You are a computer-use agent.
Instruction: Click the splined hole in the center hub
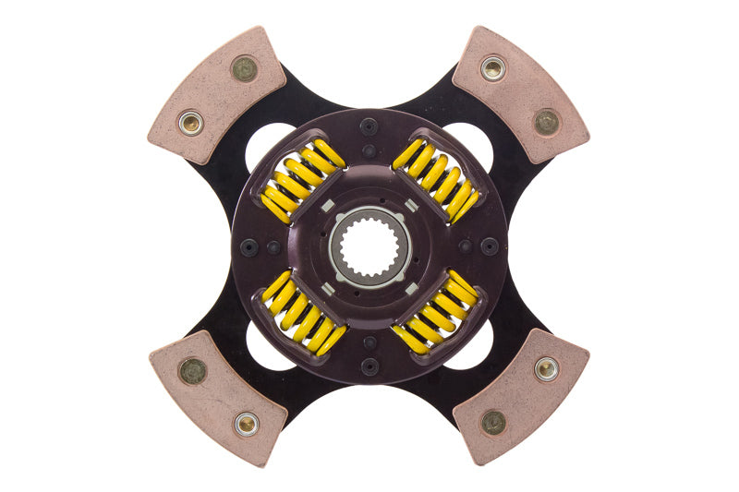click(x=369, y=246)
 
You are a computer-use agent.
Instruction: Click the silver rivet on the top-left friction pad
click(x=190, y=122)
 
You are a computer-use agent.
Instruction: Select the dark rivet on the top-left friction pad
click(x=244, y=68)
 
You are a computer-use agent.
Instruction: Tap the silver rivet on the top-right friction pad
click(x=493, y=67)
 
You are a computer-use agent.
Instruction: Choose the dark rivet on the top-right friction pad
click(x=547, y=121)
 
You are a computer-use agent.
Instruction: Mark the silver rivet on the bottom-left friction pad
click(x=246, y=424)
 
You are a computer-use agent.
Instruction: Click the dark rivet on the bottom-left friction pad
click(x=191, y=370)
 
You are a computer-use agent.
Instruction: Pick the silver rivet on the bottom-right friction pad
click(x=547, y=368)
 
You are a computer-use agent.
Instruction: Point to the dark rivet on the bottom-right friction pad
click(x=493, y=423)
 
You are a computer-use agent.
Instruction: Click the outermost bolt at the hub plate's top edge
click(x=369, y=126)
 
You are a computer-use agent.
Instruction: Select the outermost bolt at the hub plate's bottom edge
click(x=369, y=366)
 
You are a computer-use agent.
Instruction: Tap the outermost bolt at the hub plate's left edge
click(x=248, y=246)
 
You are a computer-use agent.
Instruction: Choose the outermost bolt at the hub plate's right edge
click(x=490, y=246)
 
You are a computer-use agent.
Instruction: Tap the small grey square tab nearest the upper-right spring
click(x=410, y=205)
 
